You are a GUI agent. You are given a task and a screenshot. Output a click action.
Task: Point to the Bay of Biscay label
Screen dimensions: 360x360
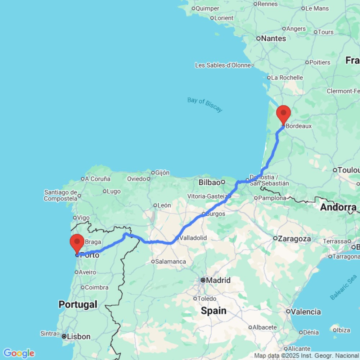[x=205, y=104]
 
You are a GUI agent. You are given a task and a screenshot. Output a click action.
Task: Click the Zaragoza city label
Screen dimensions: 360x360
[x=294, y=238]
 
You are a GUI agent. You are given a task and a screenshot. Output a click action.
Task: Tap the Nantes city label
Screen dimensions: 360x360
[x=274, y=39]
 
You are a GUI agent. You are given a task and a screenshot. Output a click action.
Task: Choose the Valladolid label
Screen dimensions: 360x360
[x=193, y=238]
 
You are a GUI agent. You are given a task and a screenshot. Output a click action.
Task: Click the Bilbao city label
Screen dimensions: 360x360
[x=209, y=183]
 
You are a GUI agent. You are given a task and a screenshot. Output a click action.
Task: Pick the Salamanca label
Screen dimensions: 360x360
[x=171, y=262]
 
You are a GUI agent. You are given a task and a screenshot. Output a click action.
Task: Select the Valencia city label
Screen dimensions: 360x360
[x=306, y=312]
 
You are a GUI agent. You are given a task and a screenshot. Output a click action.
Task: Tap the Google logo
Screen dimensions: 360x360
[x=19, y=353]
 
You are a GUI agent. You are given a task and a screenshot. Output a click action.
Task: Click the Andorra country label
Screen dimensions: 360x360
[x=338, y=207]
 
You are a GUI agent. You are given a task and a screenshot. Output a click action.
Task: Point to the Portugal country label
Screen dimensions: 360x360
[x=78, y=304]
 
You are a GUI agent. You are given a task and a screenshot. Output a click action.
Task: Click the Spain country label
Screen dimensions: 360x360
[x=214, y=311]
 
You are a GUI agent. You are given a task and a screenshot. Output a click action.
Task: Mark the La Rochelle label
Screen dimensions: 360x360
[x=287, y=77]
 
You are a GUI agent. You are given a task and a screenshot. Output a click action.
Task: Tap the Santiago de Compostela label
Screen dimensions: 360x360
[x=61, y=195]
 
